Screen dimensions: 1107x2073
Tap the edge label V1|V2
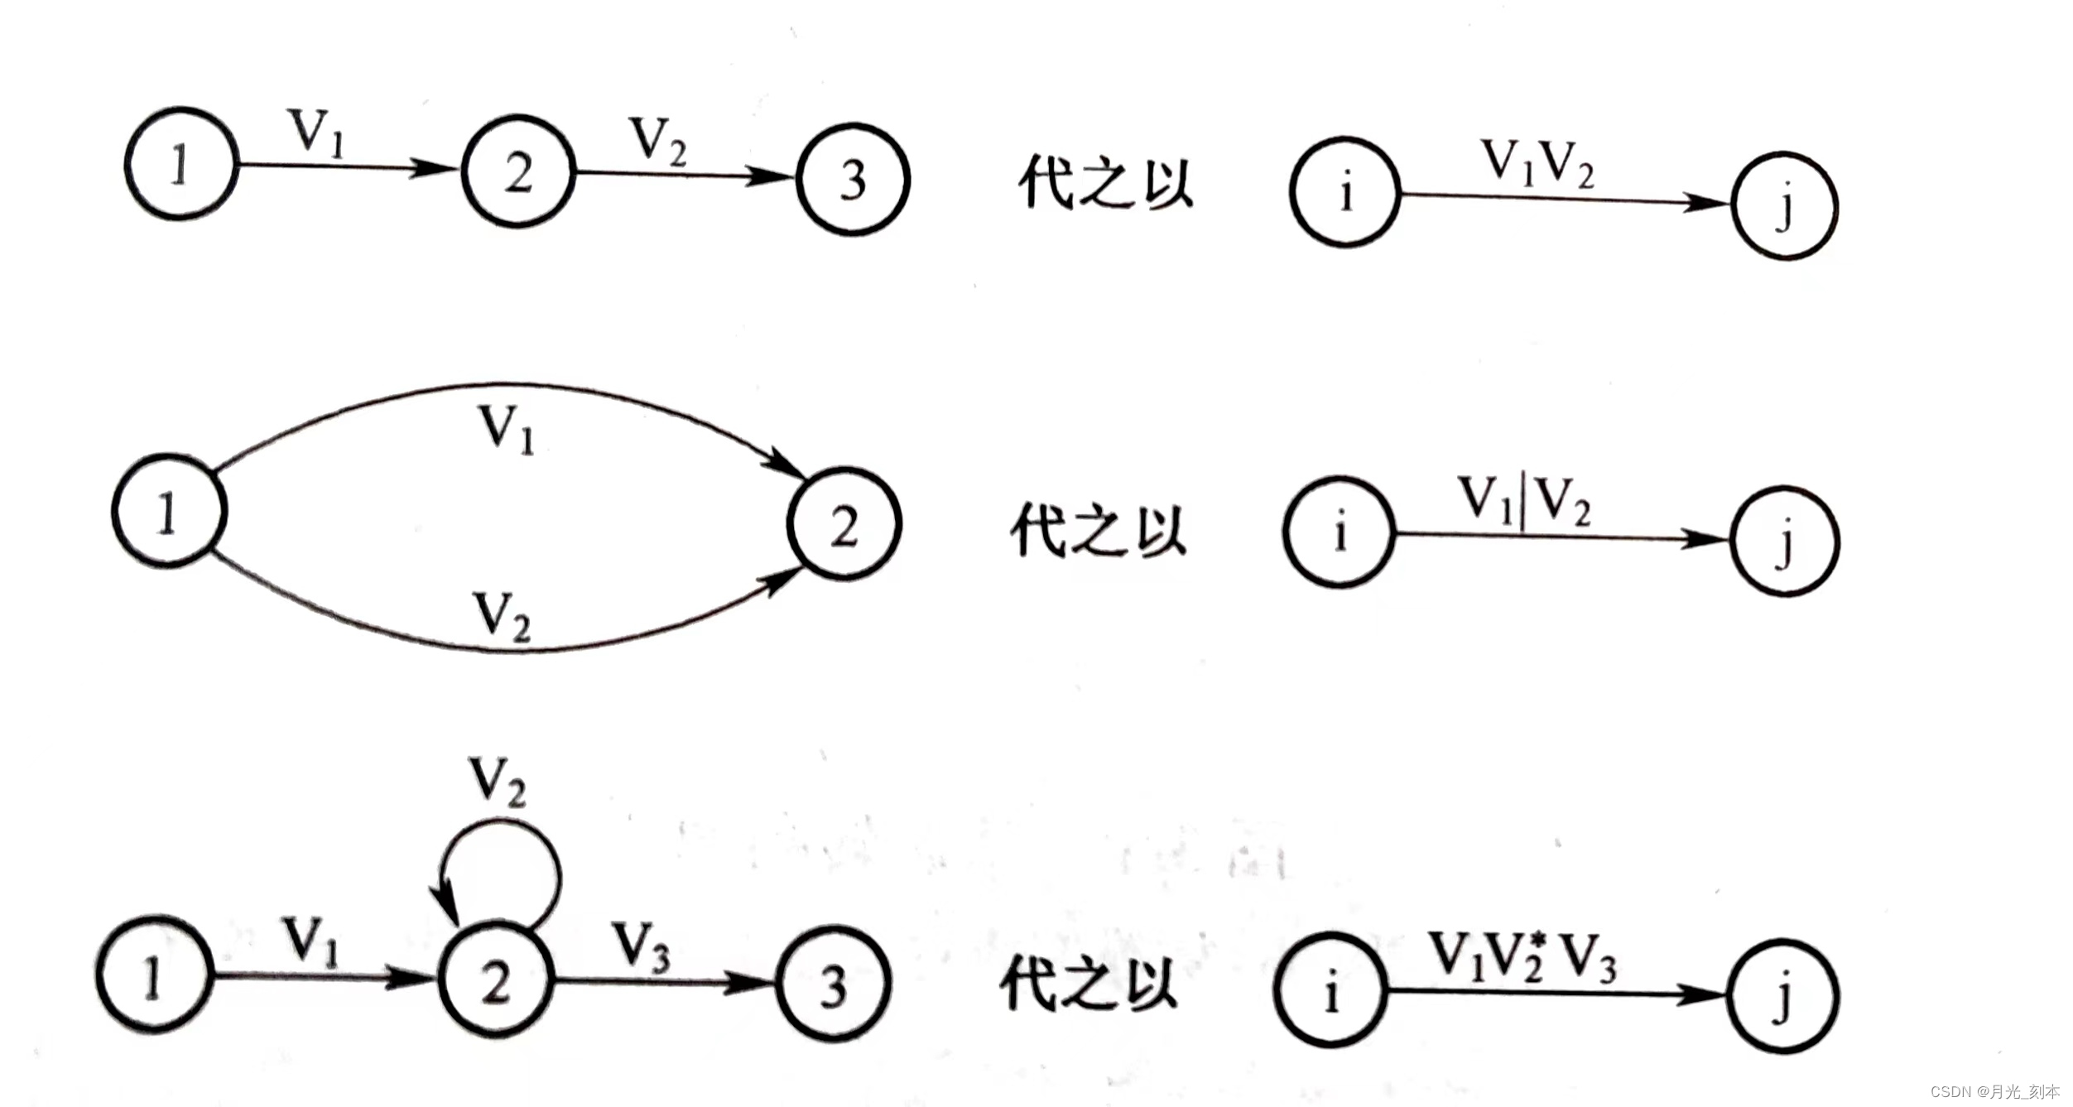point(1523,501)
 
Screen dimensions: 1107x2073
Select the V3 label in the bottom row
point(641,946)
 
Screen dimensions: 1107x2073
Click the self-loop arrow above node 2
point(500,869)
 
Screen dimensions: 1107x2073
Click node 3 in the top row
point(853,180)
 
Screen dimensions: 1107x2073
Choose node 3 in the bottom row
point(834,984)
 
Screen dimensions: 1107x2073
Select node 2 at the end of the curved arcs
point(844,524)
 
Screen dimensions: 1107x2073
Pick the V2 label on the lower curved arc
point(501,617)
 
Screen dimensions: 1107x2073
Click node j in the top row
point(1785,205)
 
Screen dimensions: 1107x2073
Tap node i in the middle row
point(1339,532)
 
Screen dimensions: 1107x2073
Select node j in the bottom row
point(1783,996)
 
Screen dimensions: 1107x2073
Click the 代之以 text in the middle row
point(1098,530)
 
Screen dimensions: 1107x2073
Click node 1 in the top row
point(181,164)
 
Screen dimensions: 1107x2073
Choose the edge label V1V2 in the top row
point(1537,163)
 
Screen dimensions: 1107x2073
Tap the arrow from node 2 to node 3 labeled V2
point(684,175)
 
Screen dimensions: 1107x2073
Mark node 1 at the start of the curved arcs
point(169,511)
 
